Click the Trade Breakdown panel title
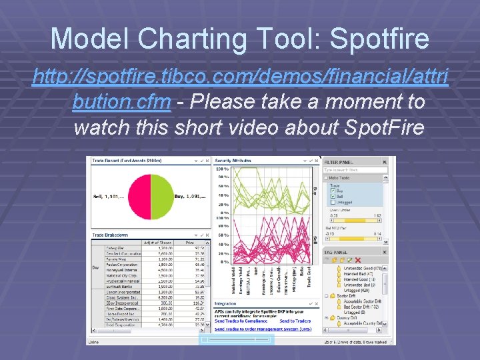[110, 234]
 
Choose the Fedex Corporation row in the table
[122, 264]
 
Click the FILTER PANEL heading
[339, 162]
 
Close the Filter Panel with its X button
[385, 162]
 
